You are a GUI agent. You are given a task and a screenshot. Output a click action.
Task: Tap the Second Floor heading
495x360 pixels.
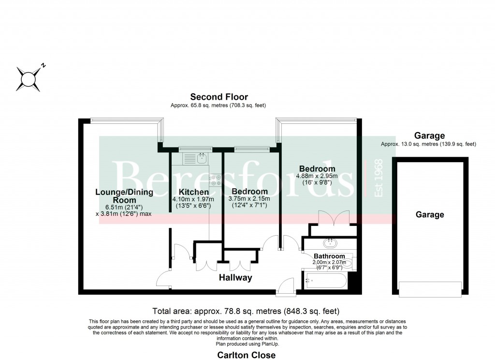pos(219,97)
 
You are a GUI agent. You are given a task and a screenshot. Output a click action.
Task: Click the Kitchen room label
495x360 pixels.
pos(193,192)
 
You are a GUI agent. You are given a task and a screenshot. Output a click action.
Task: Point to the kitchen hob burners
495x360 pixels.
pos(216,180)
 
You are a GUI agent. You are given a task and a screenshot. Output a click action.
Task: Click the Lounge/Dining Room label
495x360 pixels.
pos(124,196)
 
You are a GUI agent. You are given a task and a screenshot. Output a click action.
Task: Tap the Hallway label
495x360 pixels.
pos(235,278)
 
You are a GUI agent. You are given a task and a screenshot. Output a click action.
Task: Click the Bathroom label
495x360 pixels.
pos(329,256)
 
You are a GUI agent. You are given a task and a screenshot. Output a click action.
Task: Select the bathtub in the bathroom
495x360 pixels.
pos(325,280)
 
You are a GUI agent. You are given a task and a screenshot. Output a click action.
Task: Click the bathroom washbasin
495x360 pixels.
pos(330,243)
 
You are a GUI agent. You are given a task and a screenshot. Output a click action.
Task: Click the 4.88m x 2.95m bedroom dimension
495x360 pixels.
pos(317,176)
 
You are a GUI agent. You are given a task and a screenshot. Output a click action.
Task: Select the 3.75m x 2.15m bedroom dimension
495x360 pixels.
pos(249,199)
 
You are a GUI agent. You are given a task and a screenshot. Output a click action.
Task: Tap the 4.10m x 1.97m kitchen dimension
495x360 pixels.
pos(193,199)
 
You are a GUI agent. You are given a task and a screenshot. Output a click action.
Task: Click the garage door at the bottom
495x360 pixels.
pos(430,289)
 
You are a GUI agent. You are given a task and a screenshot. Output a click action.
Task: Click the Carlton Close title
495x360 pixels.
pos(246,355)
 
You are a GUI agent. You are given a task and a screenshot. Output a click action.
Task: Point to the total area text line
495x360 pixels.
pos(246,311)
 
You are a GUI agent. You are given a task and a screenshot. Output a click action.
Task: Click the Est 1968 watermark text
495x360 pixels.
pos(379,178)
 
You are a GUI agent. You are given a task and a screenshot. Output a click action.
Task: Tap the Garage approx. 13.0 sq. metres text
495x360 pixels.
pos(428,144)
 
